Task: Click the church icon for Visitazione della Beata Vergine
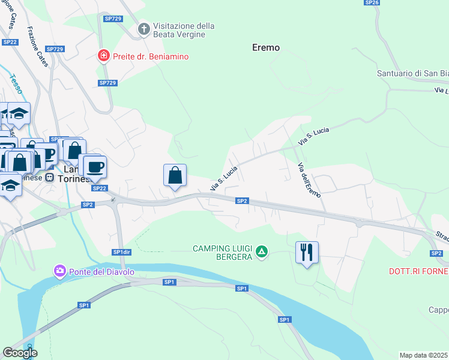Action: tap(143, 29)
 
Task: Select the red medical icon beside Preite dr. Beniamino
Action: tap(104, 56)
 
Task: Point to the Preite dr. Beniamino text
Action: tap(151, 56)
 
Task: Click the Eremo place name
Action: tap(266, 47)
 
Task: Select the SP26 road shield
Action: tap(372, 3)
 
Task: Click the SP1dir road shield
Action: tap(122, 252)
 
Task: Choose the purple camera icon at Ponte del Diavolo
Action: tap(59, 271)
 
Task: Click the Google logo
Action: tap(20, 353)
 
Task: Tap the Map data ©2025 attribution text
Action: tap(424, 355)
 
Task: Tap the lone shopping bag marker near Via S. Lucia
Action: tap(175, 175)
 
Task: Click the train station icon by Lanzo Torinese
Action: tap(50, 178)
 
